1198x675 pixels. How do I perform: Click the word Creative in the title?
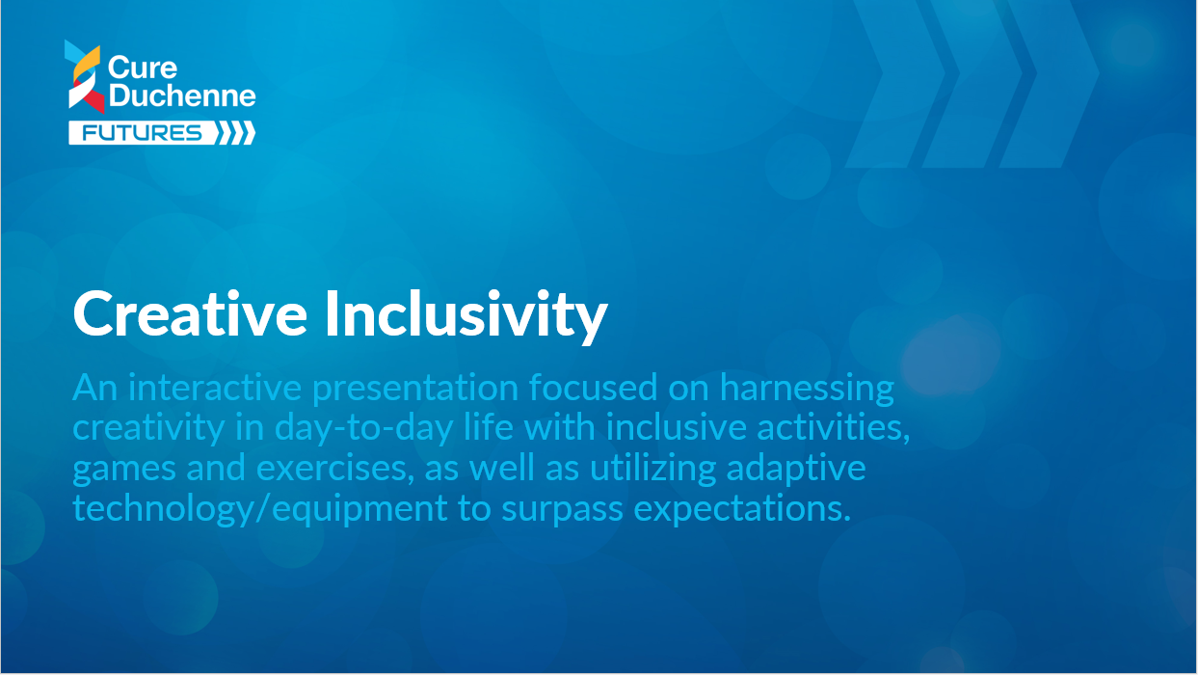[x=190, y=313]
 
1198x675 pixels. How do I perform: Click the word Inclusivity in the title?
[x=466, y=317]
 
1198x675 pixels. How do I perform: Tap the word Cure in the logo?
[x=143, y=67]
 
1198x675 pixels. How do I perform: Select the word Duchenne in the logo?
[x=182, y=95]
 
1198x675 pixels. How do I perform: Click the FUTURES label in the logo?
[x=142, y=133]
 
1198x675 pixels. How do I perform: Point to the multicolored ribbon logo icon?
[x=85, y=76]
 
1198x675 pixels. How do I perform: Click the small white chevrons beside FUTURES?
[x=236, y=133]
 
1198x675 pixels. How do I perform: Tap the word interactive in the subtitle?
[x=215, y=387]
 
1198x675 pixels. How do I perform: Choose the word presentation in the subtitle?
[x=415, y=390]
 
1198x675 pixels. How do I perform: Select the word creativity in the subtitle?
[x=148, y=429]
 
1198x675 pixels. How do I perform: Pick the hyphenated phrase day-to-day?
[x=363, y=429]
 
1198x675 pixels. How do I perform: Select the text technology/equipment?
[x=260, y=509]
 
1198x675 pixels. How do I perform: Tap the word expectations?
[x=742, y=509]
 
